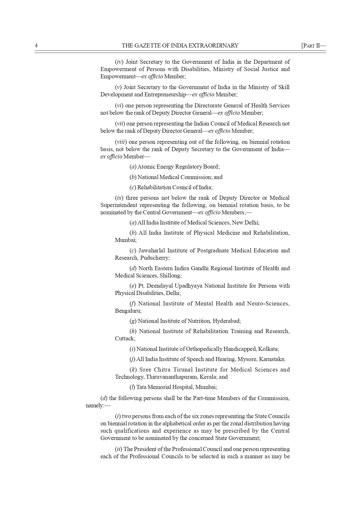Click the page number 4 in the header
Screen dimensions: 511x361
(36, 45)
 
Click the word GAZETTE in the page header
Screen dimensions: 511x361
(145, 45)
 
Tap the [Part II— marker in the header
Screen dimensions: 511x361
(313, 45)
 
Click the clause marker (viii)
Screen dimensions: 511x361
(121, 142)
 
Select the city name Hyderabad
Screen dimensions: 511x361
(226, 321)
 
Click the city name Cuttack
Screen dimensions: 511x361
(125, 339)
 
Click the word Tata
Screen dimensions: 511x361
(141, 387)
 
